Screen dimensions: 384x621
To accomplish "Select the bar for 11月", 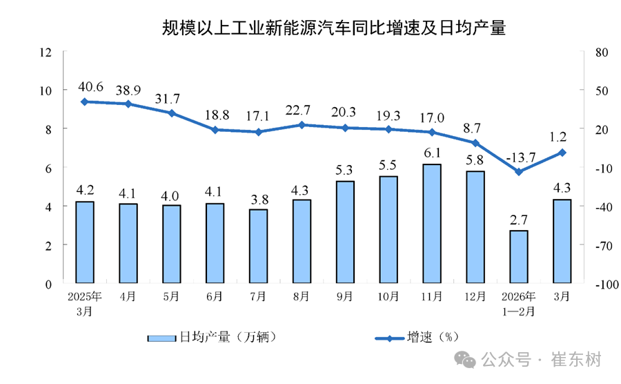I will click(432, 224).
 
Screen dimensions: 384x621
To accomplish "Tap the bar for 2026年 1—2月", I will click(519, 257).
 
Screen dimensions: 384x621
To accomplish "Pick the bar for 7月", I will click(258, 246).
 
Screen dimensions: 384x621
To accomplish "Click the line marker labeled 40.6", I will click(84, 102).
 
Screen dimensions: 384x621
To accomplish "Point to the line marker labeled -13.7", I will click(519, 171).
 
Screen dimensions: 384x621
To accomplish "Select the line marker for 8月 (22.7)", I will click(302, 125).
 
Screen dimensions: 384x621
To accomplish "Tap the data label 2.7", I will click(519, 220).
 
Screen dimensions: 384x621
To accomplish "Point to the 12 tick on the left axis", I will click(46, 52).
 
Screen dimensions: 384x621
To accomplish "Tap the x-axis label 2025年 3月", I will click(84, 304).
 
